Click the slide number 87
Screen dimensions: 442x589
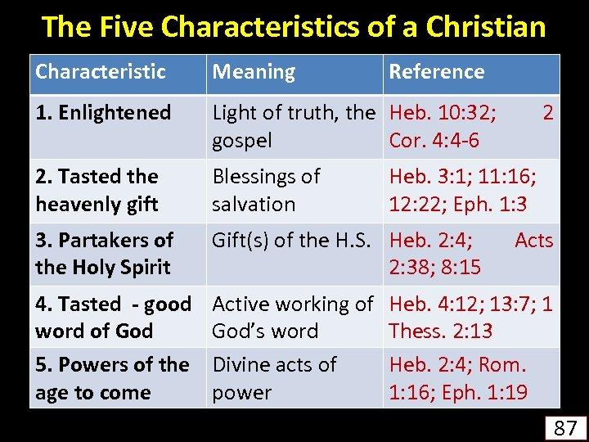[565, 427]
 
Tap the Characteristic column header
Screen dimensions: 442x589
[101, 72]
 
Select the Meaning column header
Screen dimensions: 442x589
[254, 72]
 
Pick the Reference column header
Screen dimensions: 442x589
[436, 72]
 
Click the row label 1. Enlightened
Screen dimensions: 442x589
[103, 113]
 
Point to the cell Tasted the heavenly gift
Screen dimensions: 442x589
[97, 190]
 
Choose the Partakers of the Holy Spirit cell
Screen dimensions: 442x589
[104, 254]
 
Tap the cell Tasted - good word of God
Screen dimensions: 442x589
[113, 318]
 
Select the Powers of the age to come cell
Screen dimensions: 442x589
[112, 378]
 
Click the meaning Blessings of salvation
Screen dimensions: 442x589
[266, 190]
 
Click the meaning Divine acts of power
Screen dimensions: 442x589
[274, 378]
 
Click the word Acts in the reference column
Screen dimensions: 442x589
[533, 241]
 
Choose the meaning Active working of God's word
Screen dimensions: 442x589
[292, 318]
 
